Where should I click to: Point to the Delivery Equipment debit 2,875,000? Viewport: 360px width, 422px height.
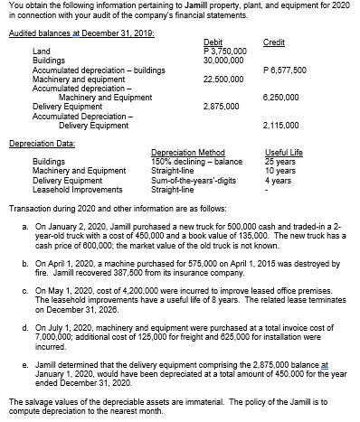(222, 106)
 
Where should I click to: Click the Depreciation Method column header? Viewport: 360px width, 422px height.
(184, 154)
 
